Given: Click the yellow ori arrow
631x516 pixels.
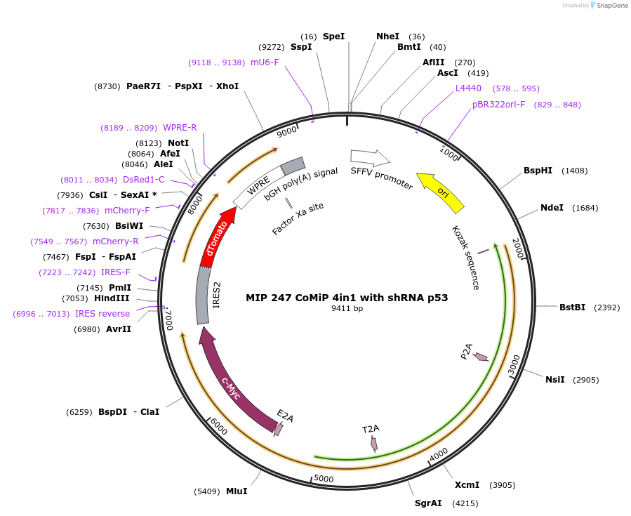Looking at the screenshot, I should (x=441, y=192).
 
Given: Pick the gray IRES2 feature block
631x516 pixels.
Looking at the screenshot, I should (x=203, y=296).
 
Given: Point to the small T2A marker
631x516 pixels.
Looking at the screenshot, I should (x=374, y=443).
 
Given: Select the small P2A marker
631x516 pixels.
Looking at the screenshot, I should (x=481, y=357).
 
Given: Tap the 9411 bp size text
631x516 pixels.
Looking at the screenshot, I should (x=347, y=308).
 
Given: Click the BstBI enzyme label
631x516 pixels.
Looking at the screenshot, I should (x=572, y=307).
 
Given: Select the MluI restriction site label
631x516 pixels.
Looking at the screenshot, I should (x=237, y=491).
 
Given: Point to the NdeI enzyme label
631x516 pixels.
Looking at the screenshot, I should (x=552, y=207).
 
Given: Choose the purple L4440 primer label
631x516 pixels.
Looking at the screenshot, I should (x=468, y=88).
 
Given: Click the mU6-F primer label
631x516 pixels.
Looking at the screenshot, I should (x=265, y=62).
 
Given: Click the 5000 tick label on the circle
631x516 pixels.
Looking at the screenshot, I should (x=324, y=479).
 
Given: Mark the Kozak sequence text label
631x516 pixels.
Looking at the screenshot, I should (x=465, y=258).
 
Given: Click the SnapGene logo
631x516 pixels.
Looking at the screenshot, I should (x=609, y=6).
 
